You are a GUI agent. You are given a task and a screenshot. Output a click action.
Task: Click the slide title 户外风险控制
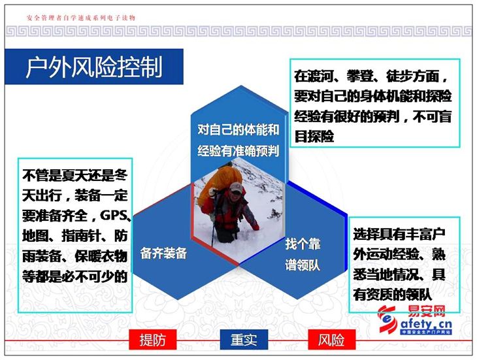point(94,67)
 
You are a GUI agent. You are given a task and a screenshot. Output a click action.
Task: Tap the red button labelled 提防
point(153,339)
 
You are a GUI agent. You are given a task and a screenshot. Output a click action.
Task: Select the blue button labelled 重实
point(244,339)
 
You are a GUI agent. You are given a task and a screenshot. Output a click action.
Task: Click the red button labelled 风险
point(331,339)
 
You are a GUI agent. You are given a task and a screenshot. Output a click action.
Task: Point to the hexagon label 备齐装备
point(163,253)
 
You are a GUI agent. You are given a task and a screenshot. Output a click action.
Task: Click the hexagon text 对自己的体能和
point(238,130)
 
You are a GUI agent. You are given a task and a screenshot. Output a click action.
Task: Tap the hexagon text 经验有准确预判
point(238,150)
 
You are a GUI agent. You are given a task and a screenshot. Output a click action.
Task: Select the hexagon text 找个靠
point(303,244)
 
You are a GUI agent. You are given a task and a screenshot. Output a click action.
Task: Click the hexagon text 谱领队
point(303,265)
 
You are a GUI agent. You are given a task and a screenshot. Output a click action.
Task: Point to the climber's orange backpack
point(219,182)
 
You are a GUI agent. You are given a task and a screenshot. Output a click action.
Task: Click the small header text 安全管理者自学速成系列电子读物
point(81,18)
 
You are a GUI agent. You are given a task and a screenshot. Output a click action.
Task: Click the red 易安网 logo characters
point(426,311)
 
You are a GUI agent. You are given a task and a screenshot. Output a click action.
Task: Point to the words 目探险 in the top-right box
point(314,137)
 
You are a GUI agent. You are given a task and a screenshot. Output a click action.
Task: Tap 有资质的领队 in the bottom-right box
point(393,294)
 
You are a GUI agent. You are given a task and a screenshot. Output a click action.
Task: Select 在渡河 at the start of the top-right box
point(314,76)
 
